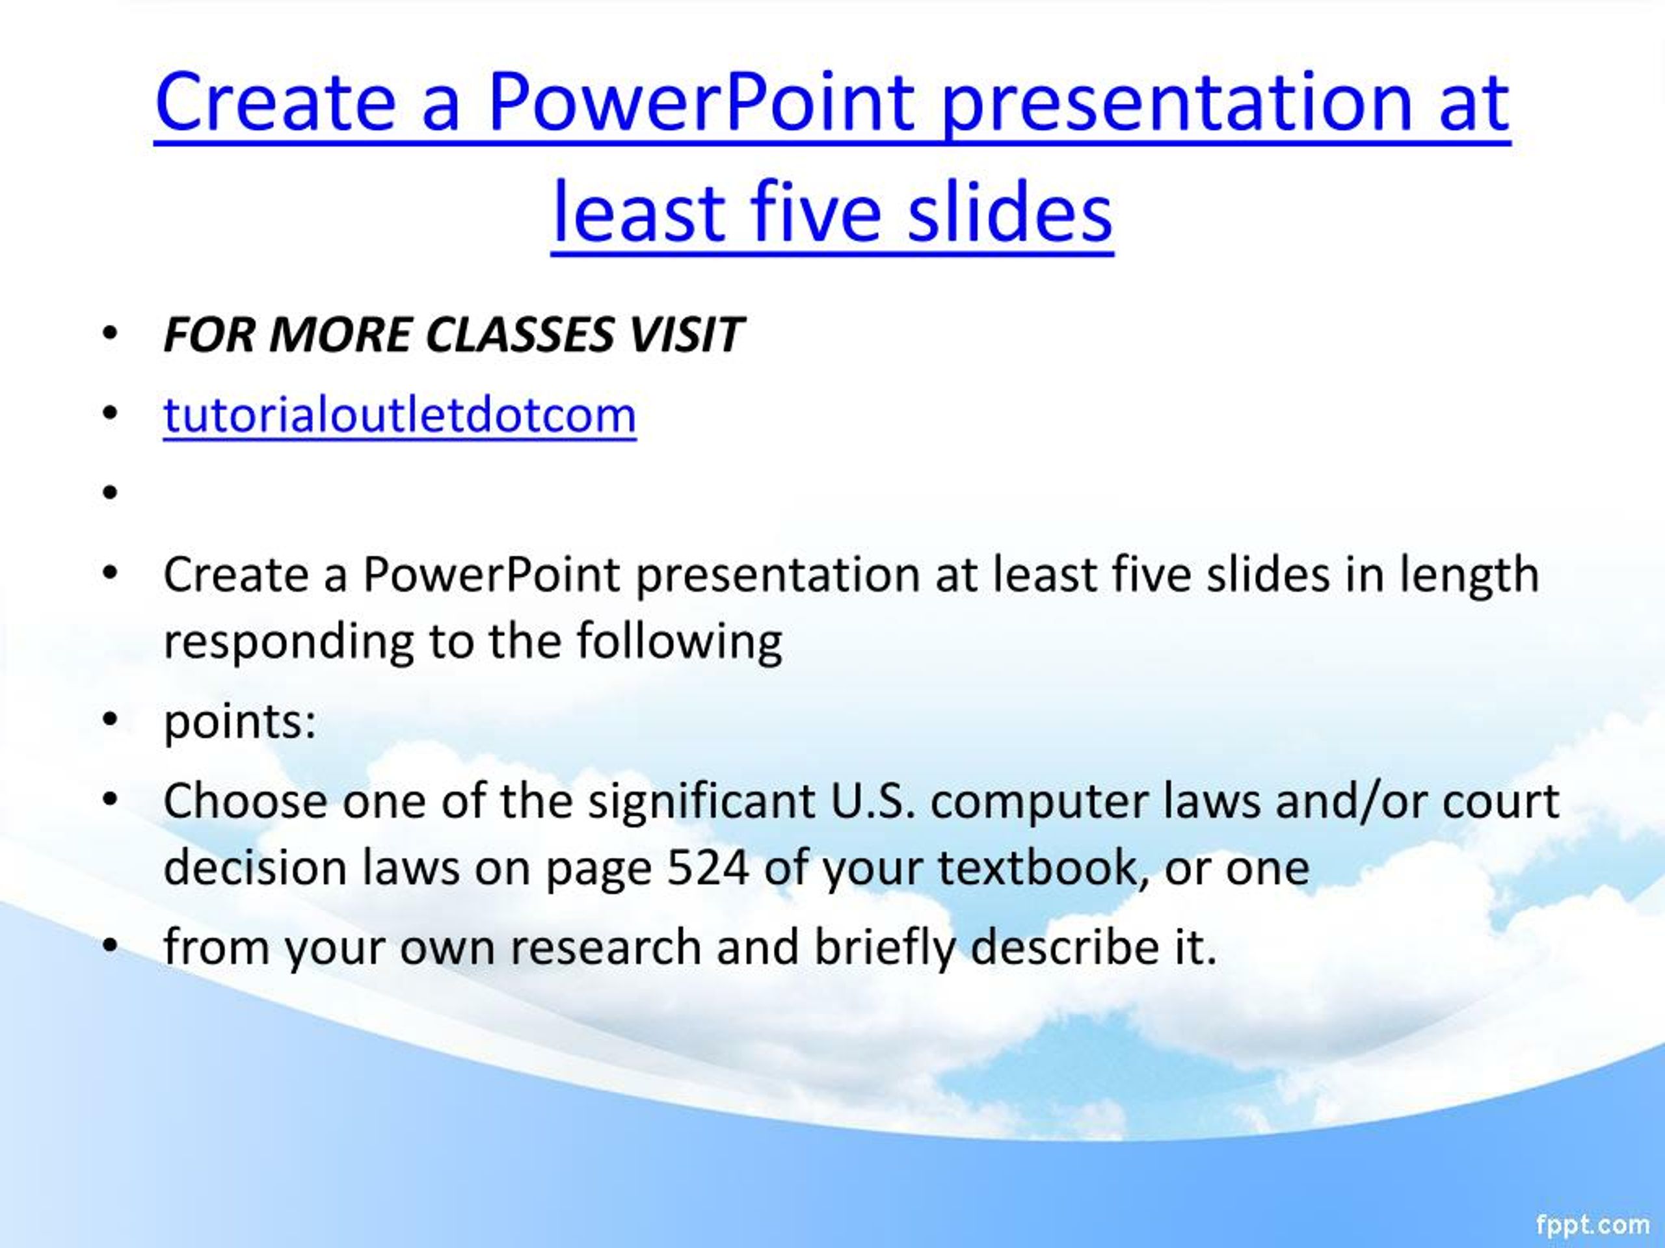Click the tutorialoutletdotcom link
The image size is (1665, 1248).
click(399, 415)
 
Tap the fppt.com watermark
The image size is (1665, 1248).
click(1592, 1223)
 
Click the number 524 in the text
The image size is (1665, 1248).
click(708, 867)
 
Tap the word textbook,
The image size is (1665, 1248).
click(1043, 867)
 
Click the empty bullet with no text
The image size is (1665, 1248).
click(111, 493)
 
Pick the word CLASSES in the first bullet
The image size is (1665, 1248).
click(520, 335)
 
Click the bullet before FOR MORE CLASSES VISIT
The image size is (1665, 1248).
click(111, 333)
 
